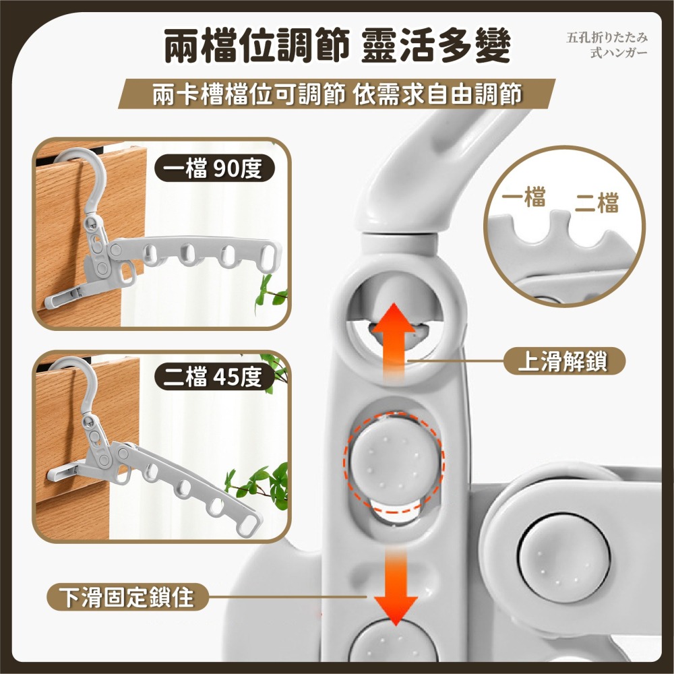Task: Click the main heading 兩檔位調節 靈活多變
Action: (337, 47)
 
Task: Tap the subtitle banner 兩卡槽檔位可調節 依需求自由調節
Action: (337, 95)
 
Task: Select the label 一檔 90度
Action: (215, 169)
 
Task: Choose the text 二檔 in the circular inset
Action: (597, 203)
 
